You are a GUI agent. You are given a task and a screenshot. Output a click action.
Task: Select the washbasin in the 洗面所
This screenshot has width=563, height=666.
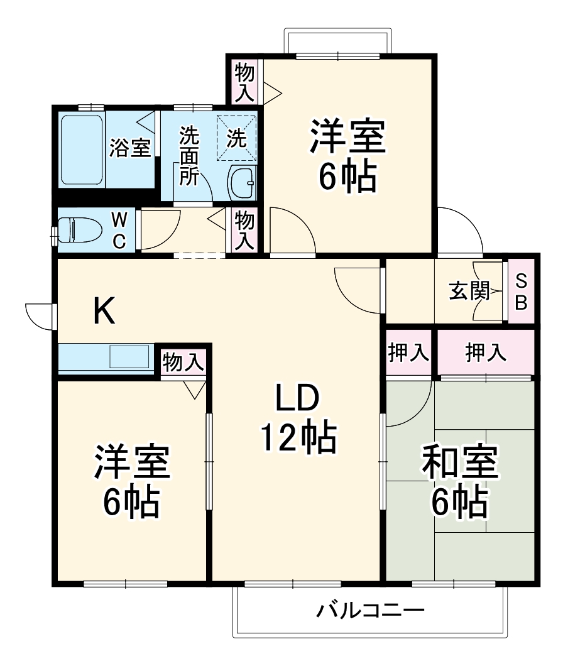(242, 183)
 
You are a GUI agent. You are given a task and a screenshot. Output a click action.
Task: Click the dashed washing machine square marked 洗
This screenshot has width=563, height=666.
(238, 139)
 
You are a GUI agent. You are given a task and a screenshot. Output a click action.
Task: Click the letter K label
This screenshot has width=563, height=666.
(105, 311)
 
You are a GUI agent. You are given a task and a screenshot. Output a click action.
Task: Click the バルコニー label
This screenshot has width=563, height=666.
(371, 610)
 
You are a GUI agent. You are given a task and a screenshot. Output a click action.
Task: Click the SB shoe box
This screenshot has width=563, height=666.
(522, 291)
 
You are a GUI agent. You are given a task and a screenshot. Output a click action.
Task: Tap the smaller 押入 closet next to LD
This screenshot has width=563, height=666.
(408, 352)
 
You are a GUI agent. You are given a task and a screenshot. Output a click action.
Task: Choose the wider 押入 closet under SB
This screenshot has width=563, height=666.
(486, 352)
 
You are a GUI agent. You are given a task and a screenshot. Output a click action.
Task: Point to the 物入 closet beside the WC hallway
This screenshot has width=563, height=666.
(244, 230)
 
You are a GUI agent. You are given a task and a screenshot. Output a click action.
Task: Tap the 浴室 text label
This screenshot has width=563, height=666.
(130, 149)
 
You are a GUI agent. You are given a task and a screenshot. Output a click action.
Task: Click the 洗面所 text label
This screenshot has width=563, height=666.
(188, 156)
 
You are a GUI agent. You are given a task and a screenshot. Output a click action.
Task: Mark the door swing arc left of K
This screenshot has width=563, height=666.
(39, 314)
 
